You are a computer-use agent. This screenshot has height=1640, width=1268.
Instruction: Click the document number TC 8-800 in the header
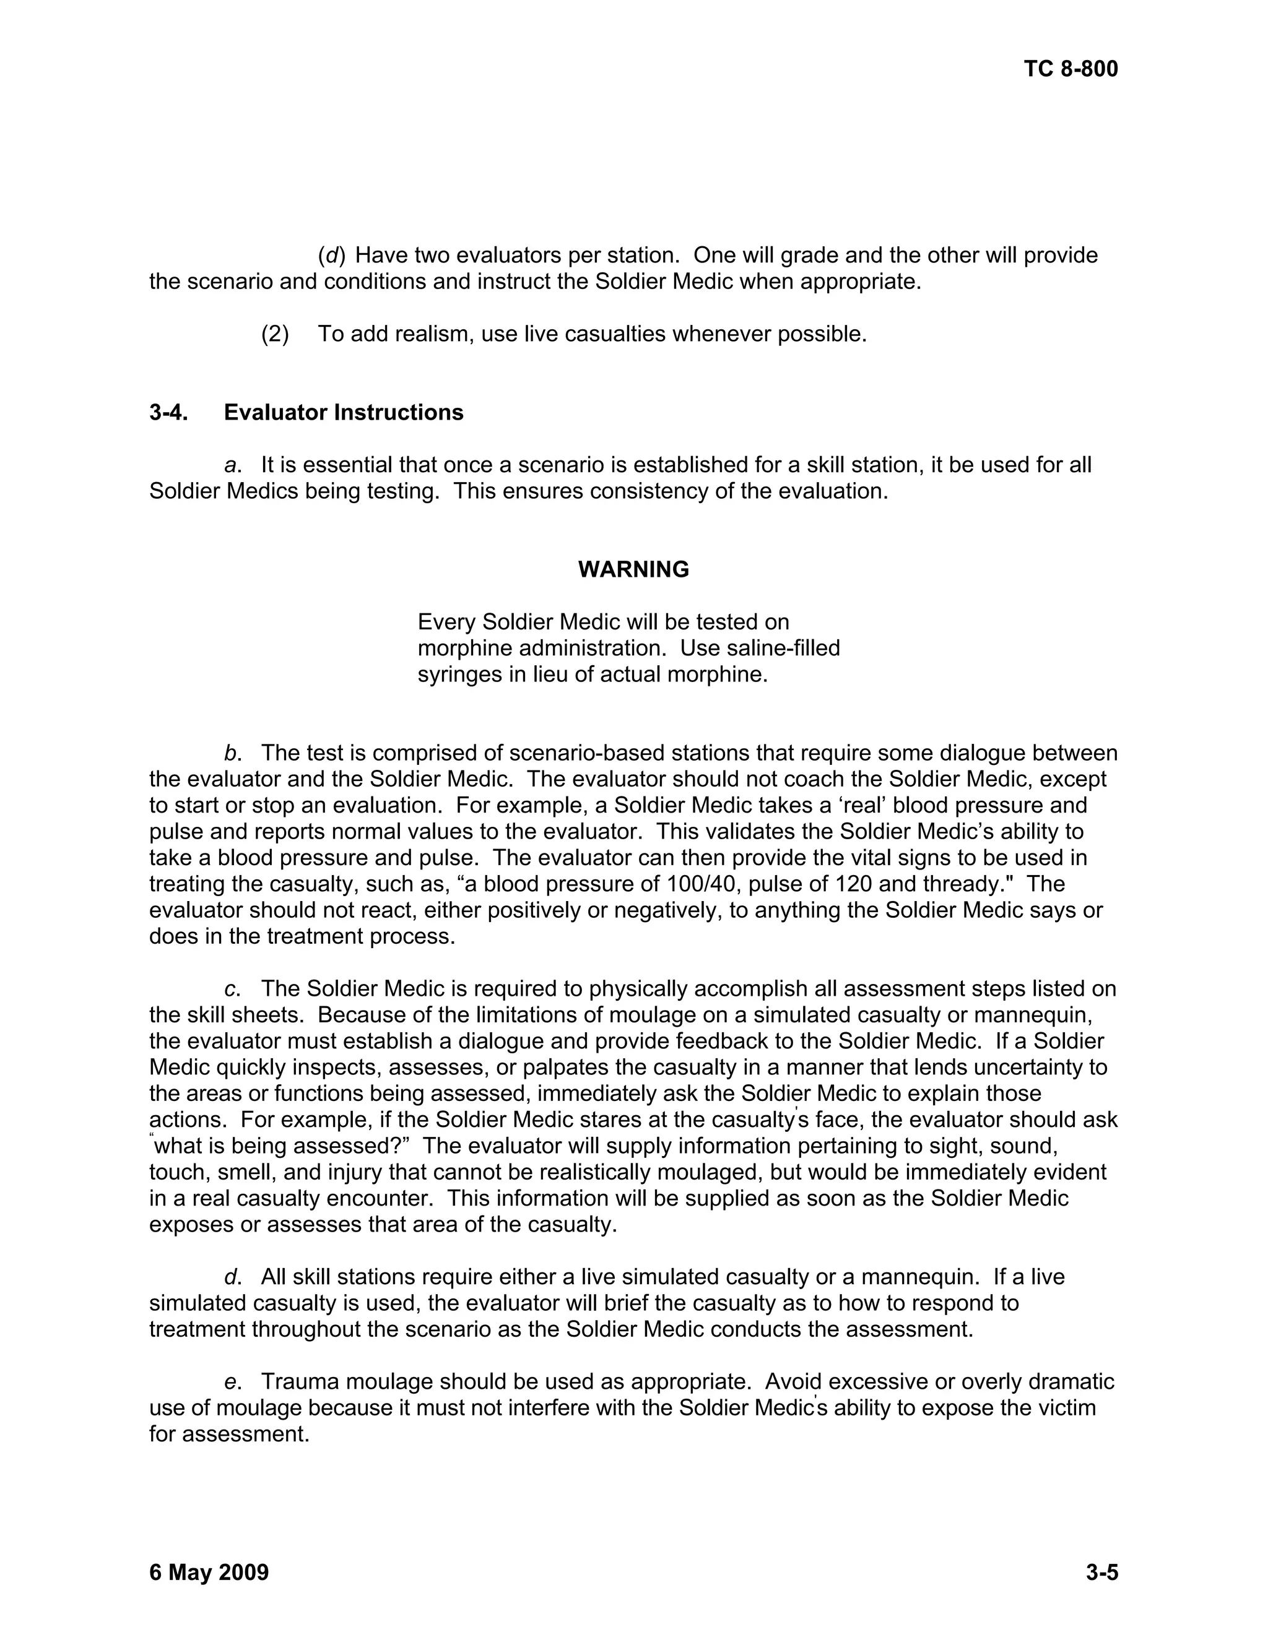1070,69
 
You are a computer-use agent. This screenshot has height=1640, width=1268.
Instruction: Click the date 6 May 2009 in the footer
209,1572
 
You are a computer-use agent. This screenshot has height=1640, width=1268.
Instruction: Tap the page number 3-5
1102,1572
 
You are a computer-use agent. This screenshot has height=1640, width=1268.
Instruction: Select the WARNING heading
633,570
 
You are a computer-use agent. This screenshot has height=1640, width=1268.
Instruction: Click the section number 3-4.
168,412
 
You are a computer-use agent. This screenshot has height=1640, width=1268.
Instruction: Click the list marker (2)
275,334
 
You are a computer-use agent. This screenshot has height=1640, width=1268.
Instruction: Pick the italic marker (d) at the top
331,256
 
